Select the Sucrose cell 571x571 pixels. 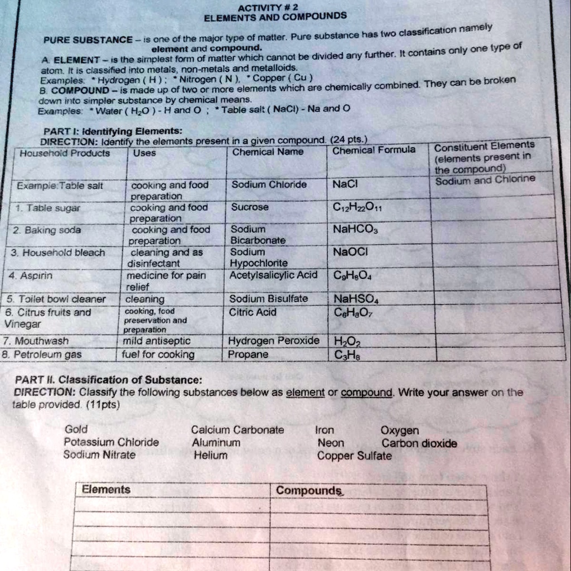(250, 207)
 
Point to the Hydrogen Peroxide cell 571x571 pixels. (274, 340)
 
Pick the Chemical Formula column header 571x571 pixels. (374, 150)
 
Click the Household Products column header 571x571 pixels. (65, 153)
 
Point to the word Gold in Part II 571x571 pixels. (76, 429)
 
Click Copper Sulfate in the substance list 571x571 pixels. (354, 456)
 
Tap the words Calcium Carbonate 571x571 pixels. (237, 430)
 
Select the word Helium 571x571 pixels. (210, 456)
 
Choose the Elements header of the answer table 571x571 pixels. (105, 489)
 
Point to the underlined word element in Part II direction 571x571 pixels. (305, 393)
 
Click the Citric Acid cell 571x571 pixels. (254, 312)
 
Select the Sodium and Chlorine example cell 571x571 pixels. (485, 180)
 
